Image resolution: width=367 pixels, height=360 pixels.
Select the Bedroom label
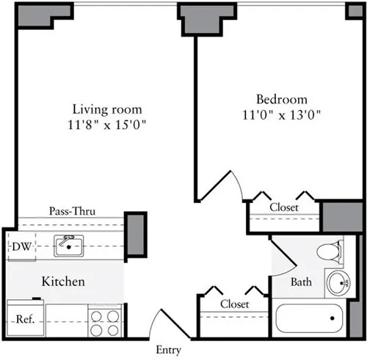tap(281, 99)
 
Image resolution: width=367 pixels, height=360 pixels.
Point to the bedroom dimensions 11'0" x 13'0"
tap(281, 114)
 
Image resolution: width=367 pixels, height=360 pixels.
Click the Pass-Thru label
tap(72, 211)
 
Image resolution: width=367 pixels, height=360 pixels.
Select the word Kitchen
tap(62, 282)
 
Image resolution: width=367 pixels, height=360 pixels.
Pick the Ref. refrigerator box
tap(25, 320)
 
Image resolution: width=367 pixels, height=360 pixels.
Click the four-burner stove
tap(104, 320)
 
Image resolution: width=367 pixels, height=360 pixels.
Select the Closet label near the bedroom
tap(283, 207)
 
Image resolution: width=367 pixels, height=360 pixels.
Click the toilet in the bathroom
tap(329, 252)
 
